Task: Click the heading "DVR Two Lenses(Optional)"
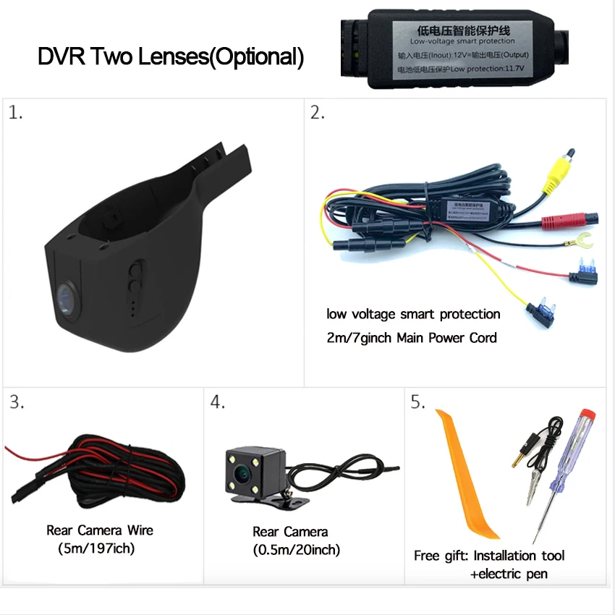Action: (171, 56)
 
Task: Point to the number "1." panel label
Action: (15, 113)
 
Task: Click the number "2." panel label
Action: (318, 113)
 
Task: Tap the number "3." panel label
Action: (17, 403)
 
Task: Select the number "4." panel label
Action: (218, 403)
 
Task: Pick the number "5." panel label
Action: (418, 403)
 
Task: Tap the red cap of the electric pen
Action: (588, 419)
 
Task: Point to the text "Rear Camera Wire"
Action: (100, 530)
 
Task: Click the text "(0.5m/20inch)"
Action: (297, 550)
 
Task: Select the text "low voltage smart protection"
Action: (413, 314)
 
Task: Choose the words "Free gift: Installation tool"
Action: (489, 556)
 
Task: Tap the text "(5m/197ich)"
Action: (96, 548)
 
